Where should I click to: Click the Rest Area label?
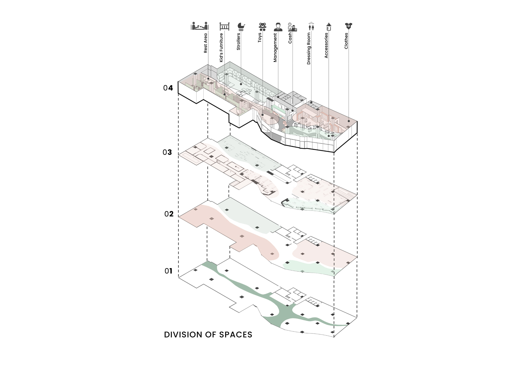tap(205, 43)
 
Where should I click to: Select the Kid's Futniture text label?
tap(221, 47)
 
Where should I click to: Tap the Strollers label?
tap(238, 41)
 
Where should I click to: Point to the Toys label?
tap(260, 38)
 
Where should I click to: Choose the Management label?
tap(275, 47)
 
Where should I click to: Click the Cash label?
tap(290, 38)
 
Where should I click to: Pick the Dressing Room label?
tap(309, 49)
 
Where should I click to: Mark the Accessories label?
tap(326, 45)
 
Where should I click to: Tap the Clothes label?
tap(346, 41)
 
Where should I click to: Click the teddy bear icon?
tap(263, 27)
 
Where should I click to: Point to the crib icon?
tap(225, 26)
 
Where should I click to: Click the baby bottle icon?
tap(329, 27)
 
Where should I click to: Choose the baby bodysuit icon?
tap(348, 26)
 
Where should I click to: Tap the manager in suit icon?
tap(278, 27)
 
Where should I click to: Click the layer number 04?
tap(168, 88)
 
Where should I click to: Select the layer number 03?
tap(167, 152)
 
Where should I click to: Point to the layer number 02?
tap(169, 214)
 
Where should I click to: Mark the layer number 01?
tap(169, 271)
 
